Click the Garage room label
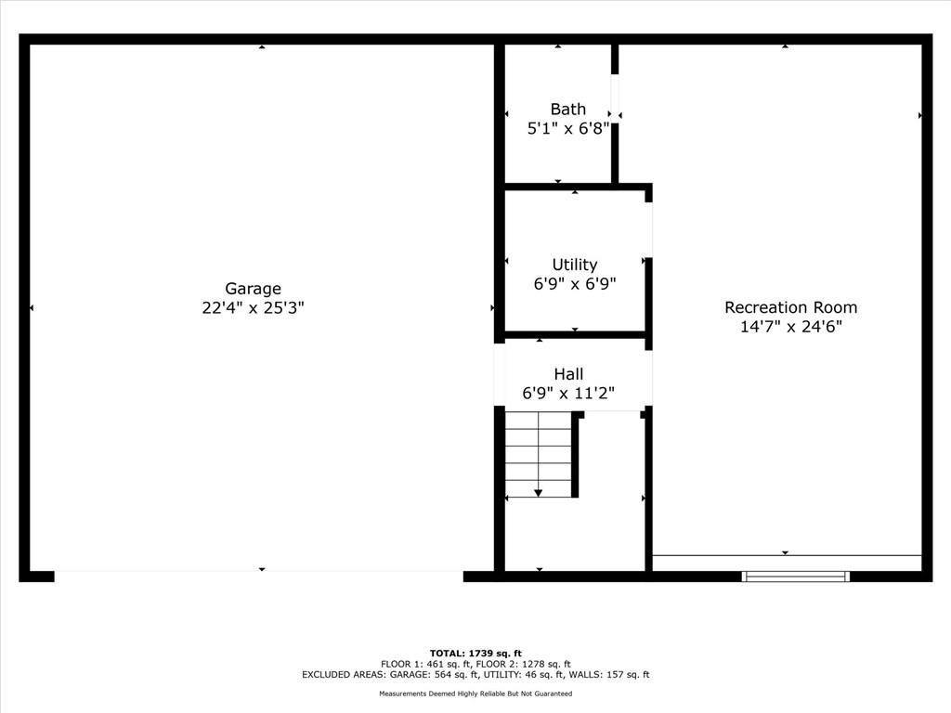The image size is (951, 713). click(x=253, y=290)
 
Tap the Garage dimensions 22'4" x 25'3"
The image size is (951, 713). click(x=253, y=308)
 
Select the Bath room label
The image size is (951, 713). click(x=568, y=110)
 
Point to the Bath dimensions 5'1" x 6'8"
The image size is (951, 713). click(x=568, y=128)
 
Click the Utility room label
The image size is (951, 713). click(x=575, y=265)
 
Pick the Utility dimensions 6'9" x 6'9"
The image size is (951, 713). click(x=575, y=284)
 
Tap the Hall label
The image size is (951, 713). click(x=569, y=374)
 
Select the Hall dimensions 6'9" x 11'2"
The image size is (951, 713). click(x=569, y=394)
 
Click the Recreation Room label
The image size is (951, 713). click(x=791, y=307)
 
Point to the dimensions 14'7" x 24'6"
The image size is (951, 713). click(x=791, y=327)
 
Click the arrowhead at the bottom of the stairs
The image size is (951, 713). click(x=538, y=493)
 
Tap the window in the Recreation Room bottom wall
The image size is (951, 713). click(x=796, y=576)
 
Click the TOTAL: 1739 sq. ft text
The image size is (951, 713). click(x=475, y=654)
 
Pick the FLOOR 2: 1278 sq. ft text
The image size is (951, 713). click(x=524, y=664)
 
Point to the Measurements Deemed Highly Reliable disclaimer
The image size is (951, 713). click(x=475, y=694)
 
